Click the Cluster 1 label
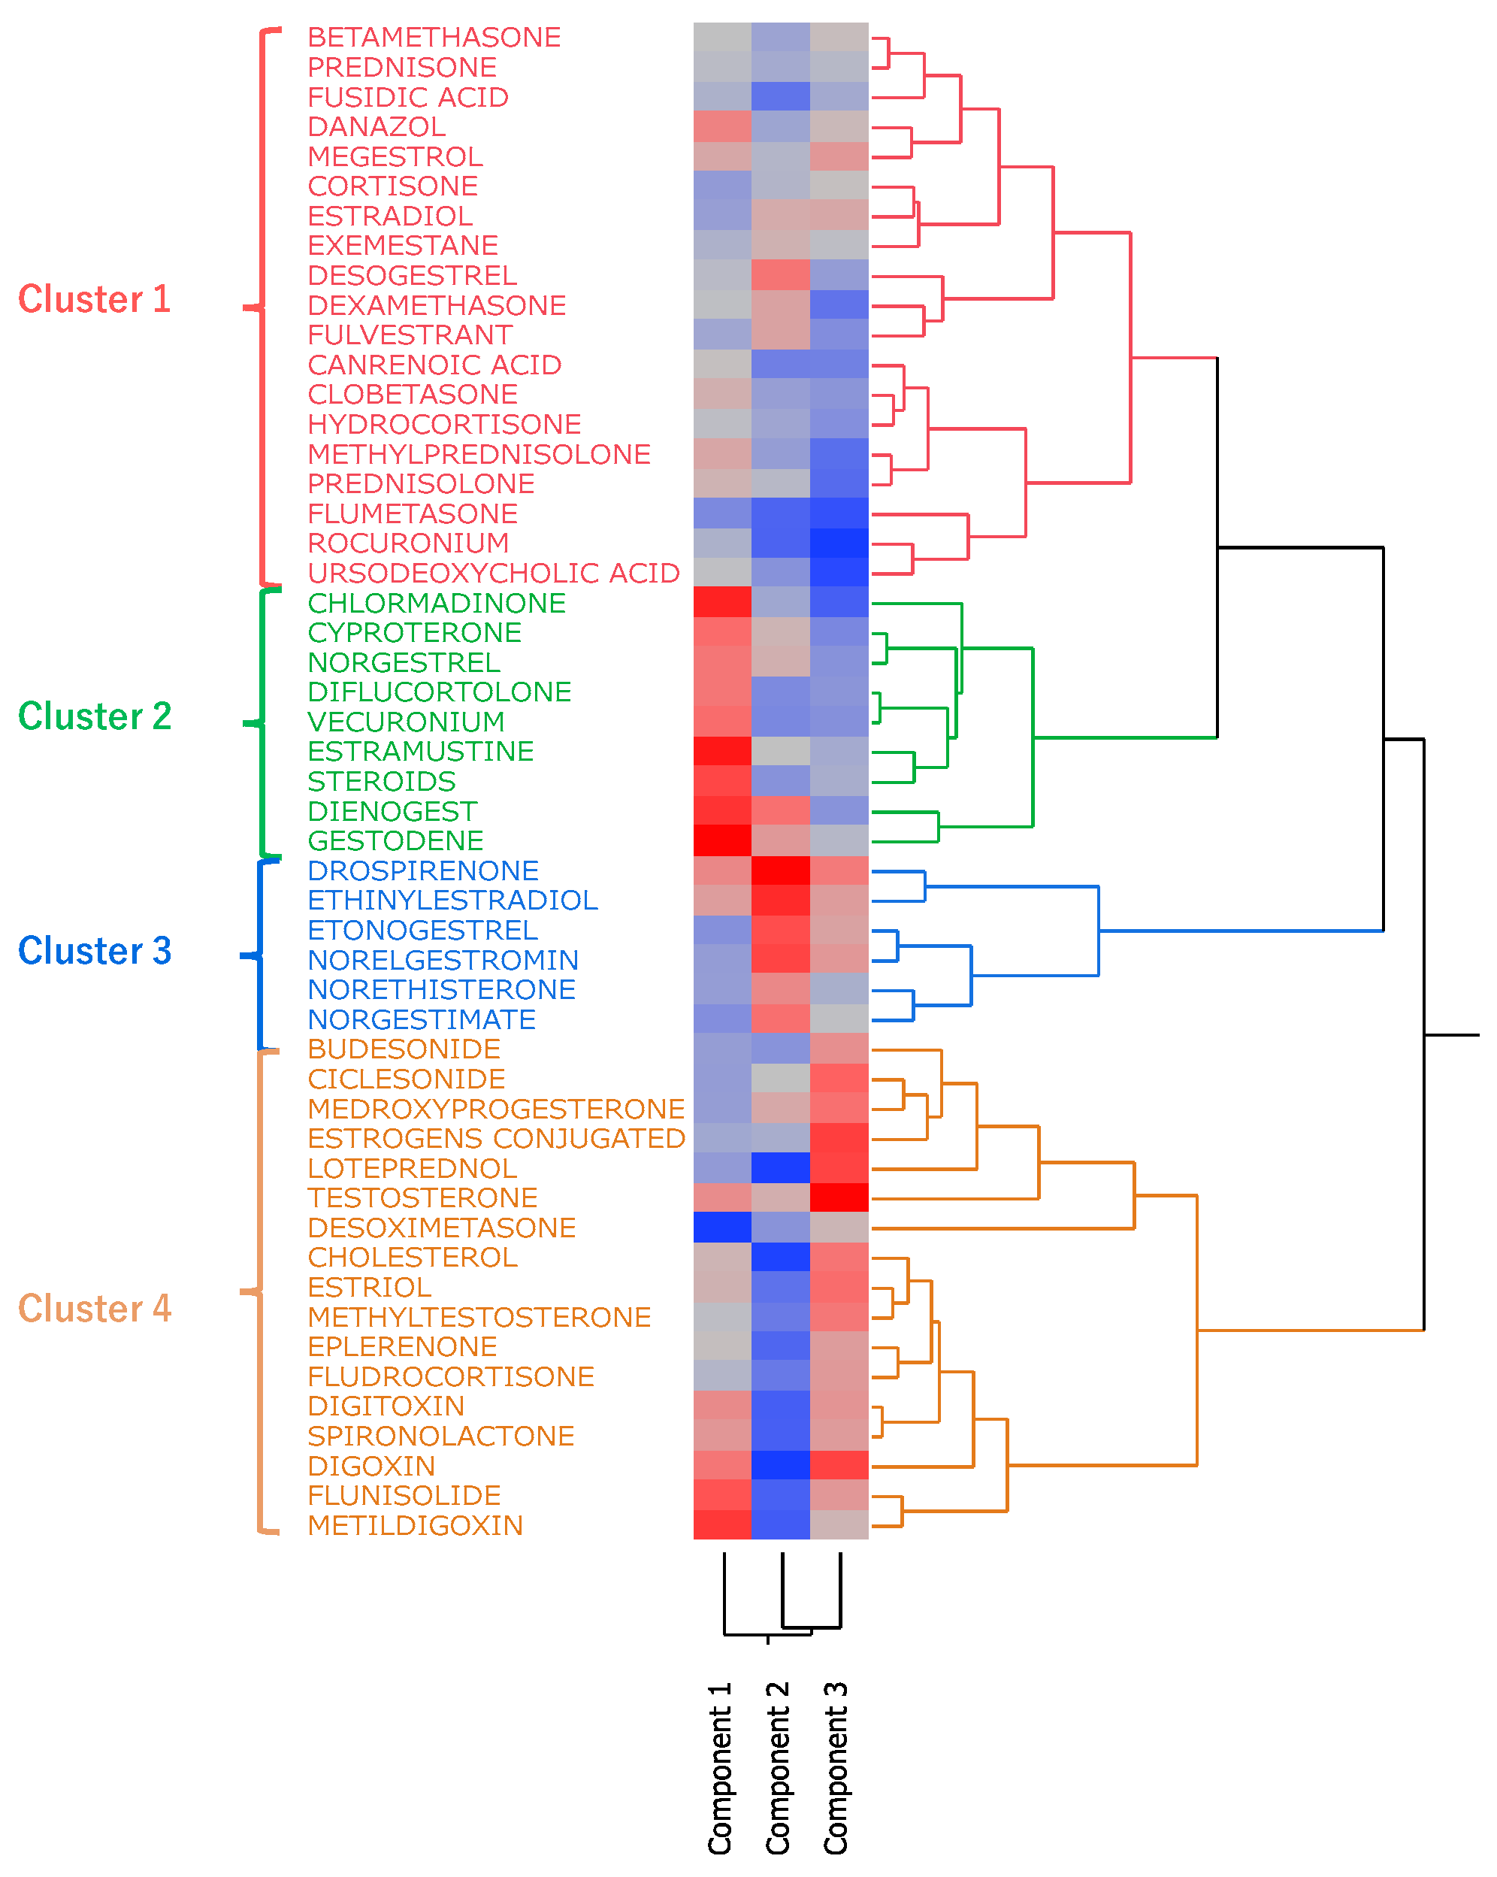[x=94, y=299]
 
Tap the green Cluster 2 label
[x=94, y=716]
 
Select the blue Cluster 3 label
[x=94, y=951]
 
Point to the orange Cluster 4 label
[x=94, y=1309]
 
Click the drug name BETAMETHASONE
[x=434, y=38]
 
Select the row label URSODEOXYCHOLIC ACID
[x=494, y=573]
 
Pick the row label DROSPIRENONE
[x=423, y=870]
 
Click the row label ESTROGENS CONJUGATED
[x=496, y=1138]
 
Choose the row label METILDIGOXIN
[x=415, y=1525]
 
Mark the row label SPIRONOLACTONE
[x=440, y=1436]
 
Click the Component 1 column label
[x=721, y=1767]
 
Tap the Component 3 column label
[x=836, y=1767]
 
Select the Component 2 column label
[x=778, y=1767]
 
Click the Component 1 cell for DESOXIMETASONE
[x=722, y=1228]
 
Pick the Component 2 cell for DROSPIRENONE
[x=781, y=870]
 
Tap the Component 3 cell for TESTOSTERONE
[x=839, y=1197]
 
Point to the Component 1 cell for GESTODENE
[x=722, y=840]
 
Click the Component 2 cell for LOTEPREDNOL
[x=781, y=1167]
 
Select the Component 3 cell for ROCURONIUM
[x=839, y=543]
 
